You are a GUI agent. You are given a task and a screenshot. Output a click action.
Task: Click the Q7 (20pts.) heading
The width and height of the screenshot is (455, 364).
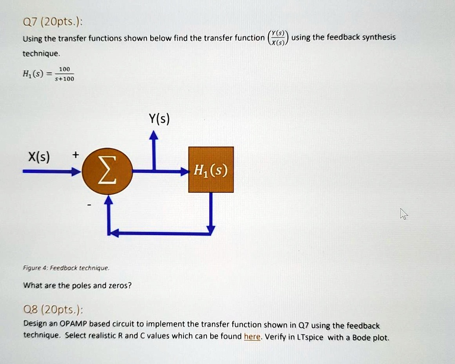click(52, 22)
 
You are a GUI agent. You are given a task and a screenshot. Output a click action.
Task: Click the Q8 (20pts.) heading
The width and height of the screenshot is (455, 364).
click(53, 310)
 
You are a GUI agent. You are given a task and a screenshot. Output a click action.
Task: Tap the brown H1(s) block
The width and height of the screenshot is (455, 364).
click(211, 169)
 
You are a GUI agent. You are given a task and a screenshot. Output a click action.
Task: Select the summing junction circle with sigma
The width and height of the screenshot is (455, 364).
click(108, 172)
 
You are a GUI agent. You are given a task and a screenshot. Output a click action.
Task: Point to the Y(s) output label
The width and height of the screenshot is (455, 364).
click(159, 119)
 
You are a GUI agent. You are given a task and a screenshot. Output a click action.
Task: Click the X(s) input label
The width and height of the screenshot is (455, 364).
click(39, 157)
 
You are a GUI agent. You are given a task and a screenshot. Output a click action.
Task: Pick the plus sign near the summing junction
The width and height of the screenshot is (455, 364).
click(76, 155)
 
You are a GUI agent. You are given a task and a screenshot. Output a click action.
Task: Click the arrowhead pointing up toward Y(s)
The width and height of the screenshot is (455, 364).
click(154, 135)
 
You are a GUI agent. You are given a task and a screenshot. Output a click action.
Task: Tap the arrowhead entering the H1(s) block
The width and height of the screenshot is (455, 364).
click(184, 171)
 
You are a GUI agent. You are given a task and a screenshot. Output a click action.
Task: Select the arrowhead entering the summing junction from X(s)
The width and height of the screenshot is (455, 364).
click(76, 172)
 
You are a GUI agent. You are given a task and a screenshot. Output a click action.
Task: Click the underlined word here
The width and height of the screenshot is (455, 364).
click(252, 336)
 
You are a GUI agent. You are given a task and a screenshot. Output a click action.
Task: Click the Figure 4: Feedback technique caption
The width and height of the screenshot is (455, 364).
click(66, 268)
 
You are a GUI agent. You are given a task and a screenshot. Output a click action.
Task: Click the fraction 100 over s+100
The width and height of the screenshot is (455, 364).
click(64, 74)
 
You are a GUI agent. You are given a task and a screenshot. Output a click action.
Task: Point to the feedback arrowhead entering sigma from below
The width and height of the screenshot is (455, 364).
click(108, 200)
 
